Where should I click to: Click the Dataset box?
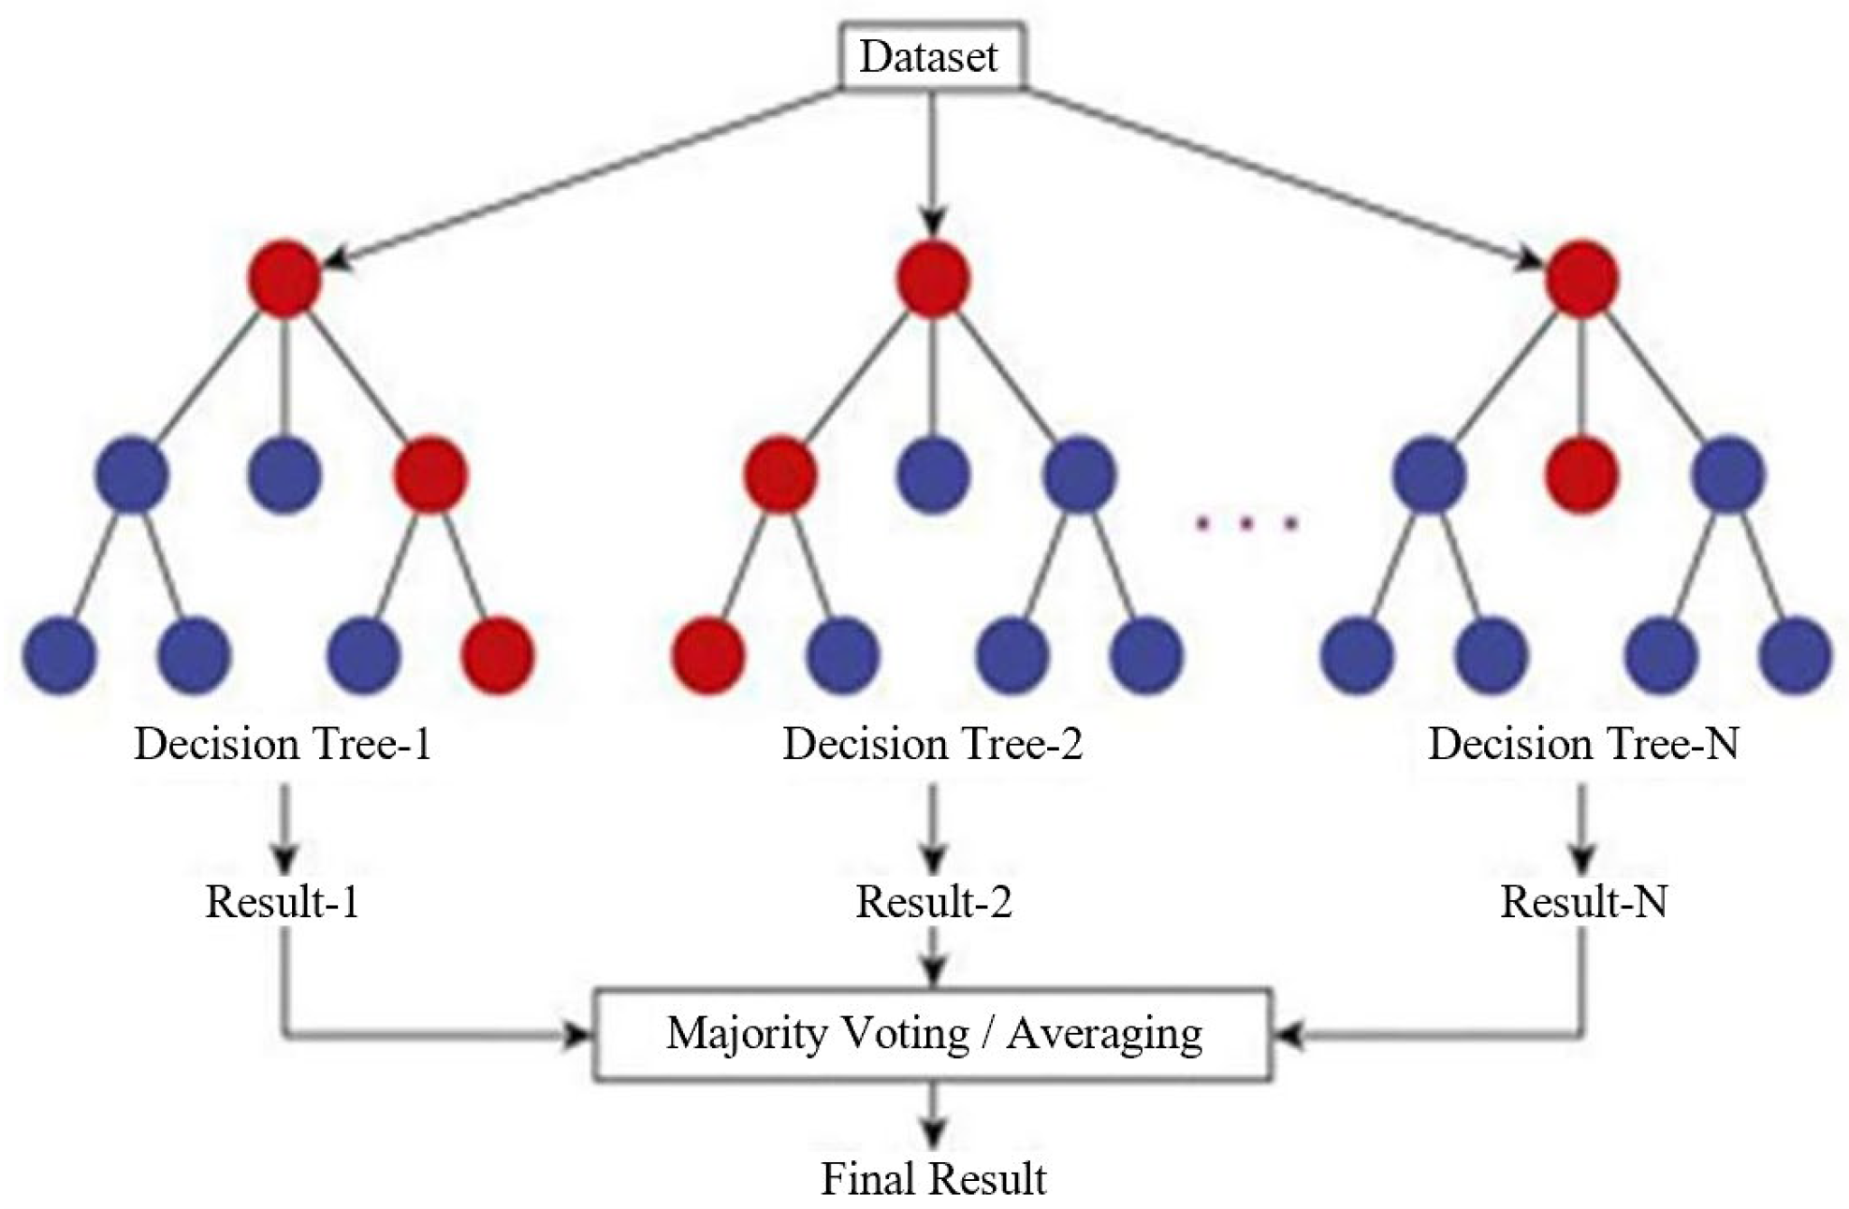(x=930, y=56)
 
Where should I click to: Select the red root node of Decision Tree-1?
(x=284, y=279)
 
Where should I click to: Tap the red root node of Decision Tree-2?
(x=932, y=279)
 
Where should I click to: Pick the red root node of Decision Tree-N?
(x=1580, y=279)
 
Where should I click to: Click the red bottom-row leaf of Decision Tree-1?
(x=498, y=654)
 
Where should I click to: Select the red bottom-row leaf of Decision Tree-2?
(x=708, y=654)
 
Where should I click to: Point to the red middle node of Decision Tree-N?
(x=1580, y=475)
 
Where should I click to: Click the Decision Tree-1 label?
(x=283, y=744)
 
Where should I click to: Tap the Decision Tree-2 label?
(x=932, y=744)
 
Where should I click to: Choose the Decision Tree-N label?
(x=1582, y=744)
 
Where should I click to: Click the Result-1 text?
(x=283, y=902)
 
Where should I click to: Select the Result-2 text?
(x=933, y=902)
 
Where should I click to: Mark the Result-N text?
(x=1583, y=902)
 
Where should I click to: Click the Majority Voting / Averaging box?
(x=932, y=1034)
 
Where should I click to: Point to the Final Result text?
(x=933, y=1178)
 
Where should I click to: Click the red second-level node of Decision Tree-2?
(x=780, y=475)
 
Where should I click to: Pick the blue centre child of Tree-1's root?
(x=284, y=475)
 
